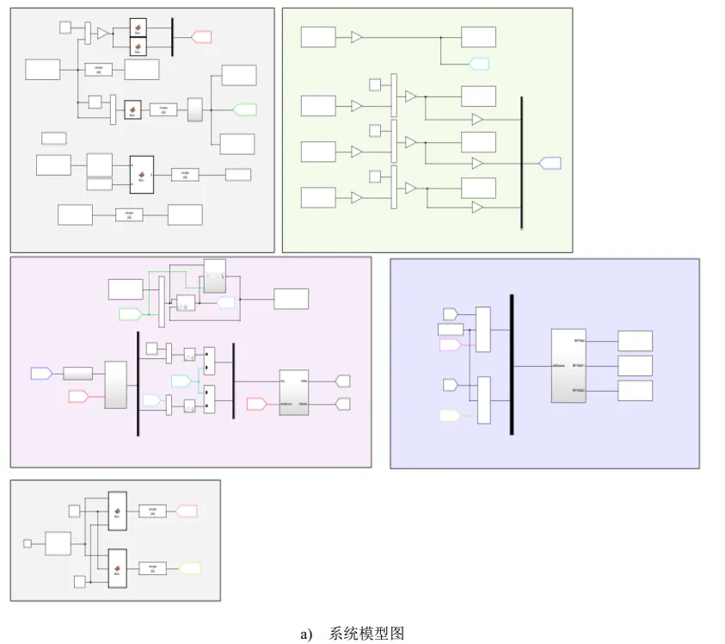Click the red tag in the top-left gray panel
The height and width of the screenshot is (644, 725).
coord(201,36)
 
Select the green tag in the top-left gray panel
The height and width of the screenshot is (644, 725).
coord(245,108)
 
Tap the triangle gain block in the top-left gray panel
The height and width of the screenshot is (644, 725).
coord(102,33)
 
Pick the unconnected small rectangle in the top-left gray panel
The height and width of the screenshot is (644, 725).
coord(53,138)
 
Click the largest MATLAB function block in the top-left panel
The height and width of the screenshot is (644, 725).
coord(142,175)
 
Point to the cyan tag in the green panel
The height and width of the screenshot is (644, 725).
coord(478,63)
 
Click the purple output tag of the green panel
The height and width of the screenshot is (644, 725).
coord(550,163)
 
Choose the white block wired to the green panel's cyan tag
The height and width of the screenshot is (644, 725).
coord(478,37)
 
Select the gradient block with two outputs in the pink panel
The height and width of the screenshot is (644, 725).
coord(293,392)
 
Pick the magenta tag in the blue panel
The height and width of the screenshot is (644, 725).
coord(451,344)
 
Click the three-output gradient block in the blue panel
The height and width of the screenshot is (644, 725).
coord(568,366)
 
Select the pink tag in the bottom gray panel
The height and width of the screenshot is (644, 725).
coord(187,511)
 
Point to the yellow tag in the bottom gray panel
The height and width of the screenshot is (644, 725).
coord(188,568)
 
